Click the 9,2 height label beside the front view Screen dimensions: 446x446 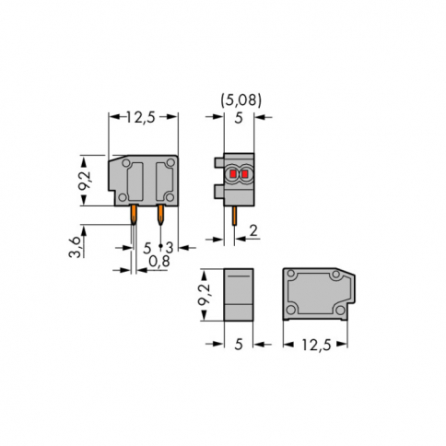86,179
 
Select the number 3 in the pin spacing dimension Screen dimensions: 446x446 170,247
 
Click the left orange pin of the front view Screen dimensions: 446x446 135,215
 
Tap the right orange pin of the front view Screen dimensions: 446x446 161,215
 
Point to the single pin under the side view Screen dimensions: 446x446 236,216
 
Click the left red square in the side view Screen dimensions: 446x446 232,172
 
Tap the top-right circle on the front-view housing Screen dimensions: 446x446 170,163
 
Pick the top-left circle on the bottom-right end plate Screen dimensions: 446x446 289,276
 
